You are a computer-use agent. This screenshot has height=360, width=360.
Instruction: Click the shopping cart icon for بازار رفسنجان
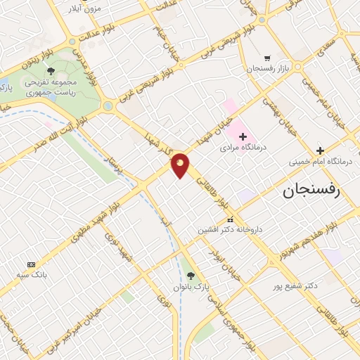click(x=266, y=58)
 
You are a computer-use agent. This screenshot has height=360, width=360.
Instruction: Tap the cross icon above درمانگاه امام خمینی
click(x=320, y=150)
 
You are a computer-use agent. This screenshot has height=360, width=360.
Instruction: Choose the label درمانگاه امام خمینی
click(x=321, y=162)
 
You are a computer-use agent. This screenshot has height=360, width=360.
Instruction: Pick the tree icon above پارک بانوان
click(x=191, y=275)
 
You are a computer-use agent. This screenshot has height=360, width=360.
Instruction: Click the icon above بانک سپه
click(x=29, y=264)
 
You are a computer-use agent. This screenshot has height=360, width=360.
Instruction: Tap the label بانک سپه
click(x=29, y=276)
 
